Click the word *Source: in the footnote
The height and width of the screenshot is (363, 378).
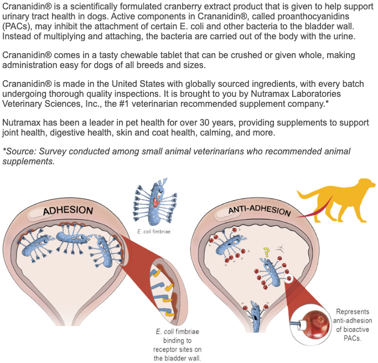pyautogui.click(x=20, y=152)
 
